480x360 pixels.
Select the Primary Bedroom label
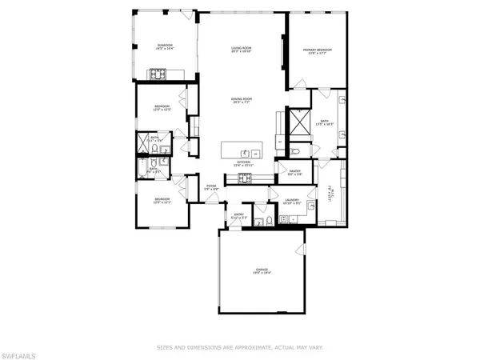click(317, 50)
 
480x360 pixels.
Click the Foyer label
click(211, 186)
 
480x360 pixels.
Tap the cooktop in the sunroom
click(157, 76)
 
